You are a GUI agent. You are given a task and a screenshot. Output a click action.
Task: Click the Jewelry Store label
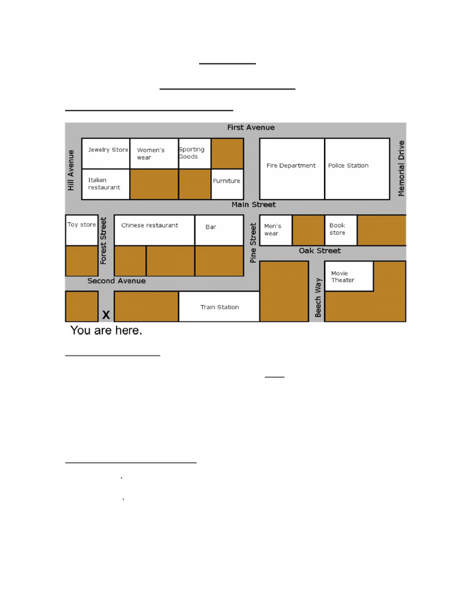click(x=108, y=150)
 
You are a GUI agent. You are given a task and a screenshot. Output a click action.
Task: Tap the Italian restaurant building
click(x=105, y=184)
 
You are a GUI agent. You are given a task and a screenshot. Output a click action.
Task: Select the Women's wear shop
click(x=154, y=154)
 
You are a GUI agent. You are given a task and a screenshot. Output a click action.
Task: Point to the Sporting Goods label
click(x=191, y=153)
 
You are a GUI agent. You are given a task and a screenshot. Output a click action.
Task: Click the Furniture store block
click(x=227, y=184)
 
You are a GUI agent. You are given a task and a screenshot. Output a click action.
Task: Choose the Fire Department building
click(x=291, y=169)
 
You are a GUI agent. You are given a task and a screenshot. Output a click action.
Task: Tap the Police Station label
click(x=348, y=166)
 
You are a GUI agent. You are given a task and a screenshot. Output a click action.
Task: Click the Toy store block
click(x=82, y=230)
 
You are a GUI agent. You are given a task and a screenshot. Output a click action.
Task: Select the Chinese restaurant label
click(x=149, y=225)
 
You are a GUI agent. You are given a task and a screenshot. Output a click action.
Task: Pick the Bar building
click(x=219, y=230)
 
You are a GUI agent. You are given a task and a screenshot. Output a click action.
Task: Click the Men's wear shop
click(x=275, y=230)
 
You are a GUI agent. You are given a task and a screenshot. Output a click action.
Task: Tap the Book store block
click(x=341, y=230)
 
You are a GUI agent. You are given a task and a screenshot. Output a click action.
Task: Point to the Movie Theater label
click(x=343, y=277)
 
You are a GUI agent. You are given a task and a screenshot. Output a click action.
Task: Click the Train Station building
click(x=219, y=306)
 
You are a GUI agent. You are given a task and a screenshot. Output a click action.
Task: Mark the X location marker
click(x=106, y=315)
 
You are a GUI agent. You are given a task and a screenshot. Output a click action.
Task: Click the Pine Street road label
click(x=253, y=242)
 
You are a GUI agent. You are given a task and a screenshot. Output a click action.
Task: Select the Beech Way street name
click(x=318, y=298)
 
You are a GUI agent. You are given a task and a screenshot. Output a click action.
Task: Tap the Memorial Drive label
click(x=401, y=168)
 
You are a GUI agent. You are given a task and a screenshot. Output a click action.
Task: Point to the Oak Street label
click(x=319, y=251)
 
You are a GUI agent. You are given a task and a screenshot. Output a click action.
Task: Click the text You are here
click(x=106, y=330)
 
